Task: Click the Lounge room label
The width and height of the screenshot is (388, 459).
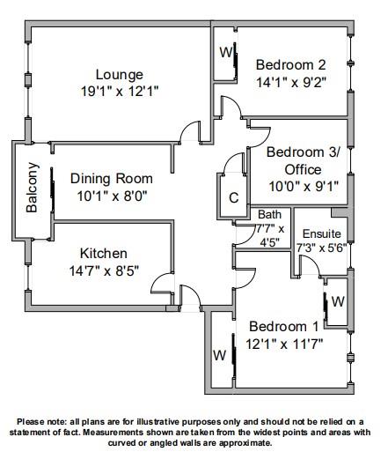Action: tap(120, 75)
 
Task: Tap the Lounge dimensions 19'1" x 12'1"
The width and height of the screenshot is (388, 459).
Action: tap(120, 92)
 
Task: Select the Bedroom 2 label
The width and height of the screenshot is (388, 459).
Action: tap(291, 65)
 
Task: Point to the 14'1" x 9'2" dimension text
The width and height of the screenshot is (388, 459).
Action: tap(291, 83)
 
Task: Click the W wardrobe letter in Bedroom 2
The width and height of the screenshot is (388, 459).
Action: tap(226, 53)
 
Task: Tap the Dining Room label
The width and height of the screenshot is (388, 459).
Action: tap(112, 179)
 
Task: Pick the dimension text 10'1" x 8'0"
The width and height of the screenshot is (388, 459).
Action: tap(112, 196)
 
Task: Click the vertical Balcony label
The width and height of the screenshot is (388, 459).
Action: tap(33, 188)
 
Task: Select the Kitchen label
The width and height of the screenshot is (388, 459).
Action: tap(104, 254)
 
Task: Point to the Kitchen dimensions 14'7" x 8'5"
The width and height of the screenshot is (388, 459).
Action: tap(104, 270)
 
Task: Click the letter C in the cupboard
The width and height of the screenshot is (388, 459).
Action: tap(234, 197)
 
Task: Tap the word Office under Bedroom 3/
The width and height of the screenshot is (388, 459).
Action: tap(303, 170)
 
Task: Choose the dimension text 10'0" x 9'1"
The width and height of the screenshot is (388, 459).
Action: tap(304, 186)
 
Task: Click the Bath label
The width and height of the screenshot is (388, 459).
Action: tap(269, 214)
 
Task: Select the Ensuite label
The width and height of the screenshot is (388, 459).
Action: tap(322, 234)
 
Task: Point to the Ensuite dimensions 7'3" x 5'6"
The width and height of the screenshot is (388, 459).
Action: tap(322, 248)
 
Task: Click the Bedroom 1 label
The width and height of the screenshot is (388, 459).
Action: tap(283, 327)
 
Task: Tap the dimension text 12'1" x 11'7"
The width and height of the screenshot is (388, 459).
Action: tap(284, 344)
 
